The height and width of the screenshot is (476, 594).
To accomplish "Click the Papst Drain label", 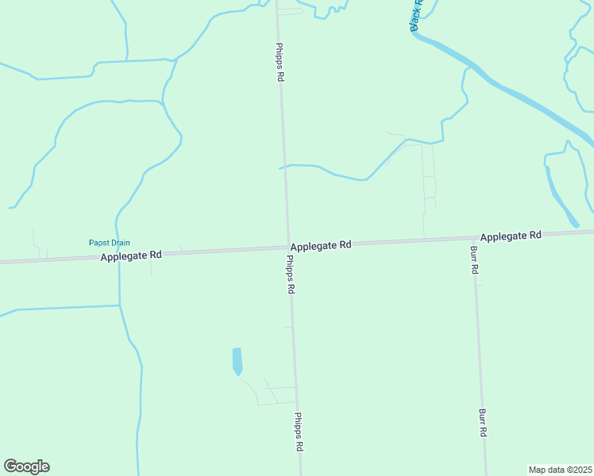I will pyautogui.click(x=109, y=243).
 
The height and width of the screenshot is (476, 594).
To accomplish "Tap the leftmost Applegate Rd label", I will pyautogui.click(x=131, y=255).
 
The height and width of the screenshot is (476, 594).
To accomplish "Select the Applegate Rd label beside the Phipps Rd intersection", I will pyautogui.click(x=321, y=246).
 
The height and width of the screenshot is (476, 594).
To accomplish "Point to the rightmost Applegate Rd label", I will pyautogui.click(x=511, y=236).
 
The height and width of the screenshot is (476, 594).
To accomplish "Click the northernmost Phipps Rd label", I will pyautogui.click(x=280, y=63).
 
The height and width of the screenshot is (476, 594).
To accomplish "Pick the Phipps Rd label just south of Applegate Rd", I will pyautogui.click(x=291, y=275).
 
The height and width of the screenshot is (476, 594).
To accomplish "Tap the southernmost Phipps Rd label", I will pyautogui.click(x=299, y=432).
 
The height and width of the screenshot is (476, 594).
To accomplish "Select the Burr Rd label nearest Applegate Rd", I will pyautogui.click(x=473, y=259).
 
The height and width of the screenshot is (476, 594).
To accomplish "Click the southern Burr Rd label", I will pyautogui.click(x=482, y=423).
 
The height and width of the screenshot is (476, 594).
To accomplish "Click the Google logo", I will pyautogui.click(x=26, y=466).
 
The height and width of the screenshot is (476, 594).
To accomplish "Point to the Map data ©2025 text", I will pyautogui.click(x=560, y=470).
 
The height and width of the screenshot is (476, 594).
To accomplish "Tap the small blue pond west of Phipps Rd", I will pyautogui.click(x=237, y=360).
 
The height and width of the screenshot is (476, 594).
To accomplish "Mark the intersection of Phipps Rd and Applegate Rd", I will pyautogui.click(x=287, y=248).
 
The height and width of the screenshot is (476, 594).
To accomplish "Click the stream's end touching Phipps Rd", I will pyautogui.click(x=281, y=167).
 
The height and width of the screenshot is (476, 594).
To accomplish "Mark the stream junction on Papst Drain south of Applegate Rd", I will pyautogui.click(x=119, y=305).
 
